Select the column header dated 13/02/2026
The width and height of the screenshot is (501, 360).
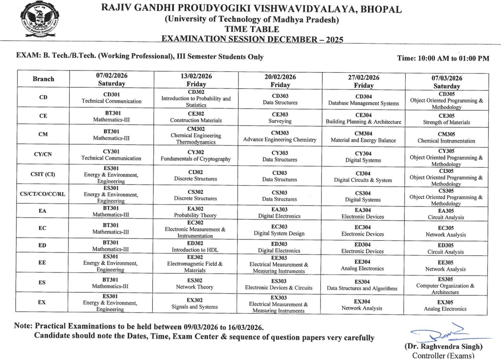click(196, 79)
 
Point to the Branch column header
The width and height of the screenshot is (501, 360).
click(43, 79)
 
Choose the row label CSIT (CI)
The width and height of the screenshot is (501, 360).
click(43, 175)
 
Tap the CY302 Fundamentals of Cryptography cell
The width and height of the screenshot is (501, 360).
click(196, 155)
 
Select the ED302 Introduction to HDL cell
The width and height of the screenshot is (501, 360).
click(196, 247)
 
